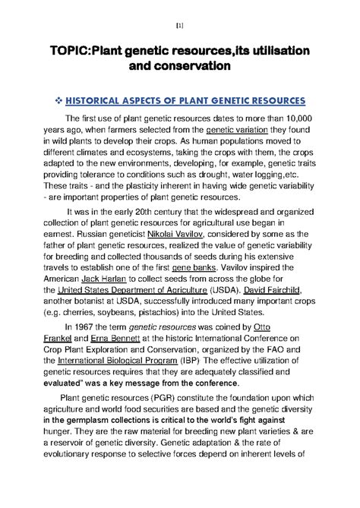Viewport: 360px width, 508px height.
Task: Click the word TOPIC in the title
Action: pos(71,50)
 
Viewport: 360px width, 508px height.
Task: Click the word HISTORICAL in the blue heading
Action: pos(103,101)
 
